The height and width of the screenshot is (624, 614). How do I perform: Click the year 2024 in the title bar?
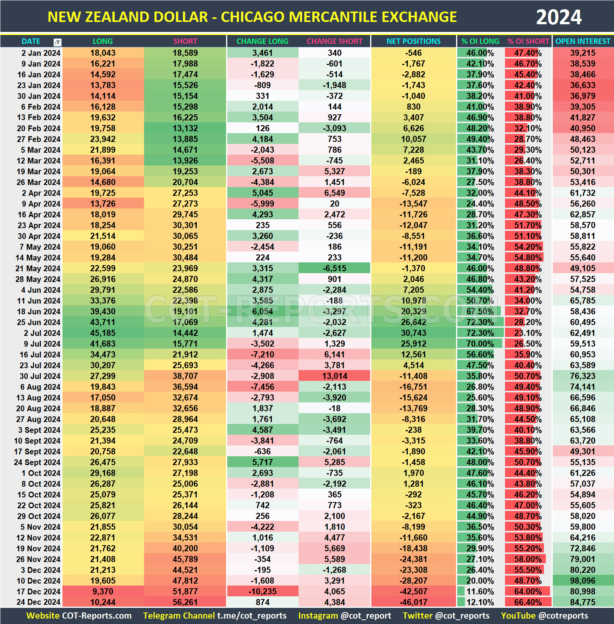tap(559, 17)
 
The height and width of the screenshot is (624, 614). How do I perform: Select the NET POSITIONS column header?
tap(413, 41)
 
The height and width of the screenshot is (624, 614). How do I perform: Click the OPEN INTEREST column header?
tap(583, 41)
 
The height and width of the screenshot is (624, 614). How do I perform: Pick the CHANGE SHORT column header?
tap(334, 41)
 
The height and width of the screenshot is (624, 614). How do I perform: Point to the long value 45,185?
tap(103, 333)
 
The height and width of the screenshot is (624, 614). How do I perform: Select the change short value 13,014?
tap(334, 376)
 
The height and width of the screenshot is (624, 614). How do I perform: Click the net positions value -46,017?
tap(413, 602)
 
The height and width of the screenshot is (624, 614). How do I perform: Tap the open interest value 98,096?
tap(583, 581)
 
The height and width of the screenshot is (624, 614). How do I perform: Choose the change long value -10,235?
tap(262, 592)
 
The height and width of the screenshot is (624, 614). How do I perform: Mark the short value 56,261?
tap(185, 602)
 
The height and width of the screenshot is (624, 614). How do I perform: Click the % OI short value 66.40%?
tap(528, 602)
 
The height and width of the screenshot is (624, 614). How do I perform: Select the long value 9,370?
tap(103, 592)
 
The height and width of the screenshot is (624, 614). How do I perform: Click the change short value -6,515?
tap(334, 269)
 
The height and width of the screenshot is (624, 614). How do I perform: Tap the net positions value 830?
tap(413, 107)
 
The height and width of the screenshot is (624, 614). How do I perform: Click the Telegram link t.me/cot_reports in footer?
tap(252, 616)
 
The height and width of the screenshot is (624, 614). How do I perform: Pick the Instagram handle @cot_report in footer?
tap(366, 616)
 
